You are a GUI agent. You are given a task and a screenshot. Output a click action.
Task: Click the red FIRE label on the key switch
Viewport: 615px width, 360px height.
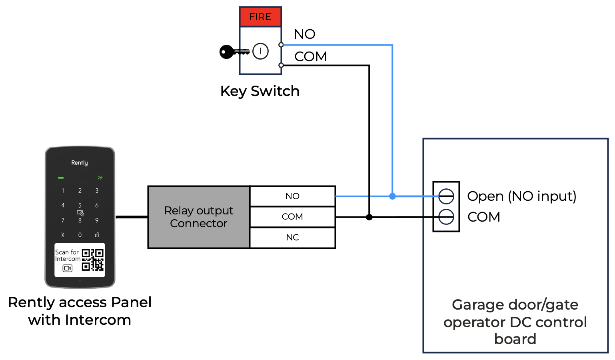click(x=260, y=17)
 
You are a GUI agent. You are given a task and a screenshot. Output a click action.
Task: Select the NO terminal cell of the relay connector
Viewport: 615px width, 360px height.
click(x=292, y=196)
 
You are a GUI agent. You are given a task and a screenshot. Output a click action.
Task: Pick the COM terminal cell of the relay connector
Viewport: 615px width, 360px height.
click(x=292, y=217)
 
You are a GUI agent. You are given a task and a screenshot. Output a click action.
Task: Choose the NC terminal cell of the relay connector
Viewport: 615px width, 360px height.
click(x=292, y=238)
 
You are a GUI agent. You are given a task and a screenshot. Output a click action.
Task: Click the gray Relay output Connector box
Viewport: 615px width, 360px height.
click(x=199, y=217)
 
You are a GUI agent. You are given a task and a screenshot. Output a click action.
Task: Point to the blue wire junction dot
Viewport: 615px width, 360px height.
click(x=393, y=196)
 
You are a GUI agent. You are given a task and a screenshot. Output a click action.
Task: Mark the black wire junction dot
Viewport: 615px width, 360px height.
click(x=369, y=217)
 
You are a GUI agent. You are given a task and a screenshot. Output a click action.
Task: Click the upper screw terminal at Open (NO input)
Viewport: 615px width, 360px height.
click(x=446, y=196)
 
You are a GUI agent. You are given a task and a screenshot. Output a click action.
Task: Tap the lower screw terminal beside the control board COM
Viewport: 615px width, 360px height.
click(x=446, y=217)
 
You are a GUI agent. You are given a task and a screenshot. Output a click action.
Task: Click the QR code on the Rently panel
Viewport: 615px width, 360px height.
click(x=93, y=260)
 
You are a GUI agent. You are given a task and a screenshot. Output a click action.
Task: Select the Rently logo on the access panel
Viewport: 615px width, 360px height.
click(x=80, y=163)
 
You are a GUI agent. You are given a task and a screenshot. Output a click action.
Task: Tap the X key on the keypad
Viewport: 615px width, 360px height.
click(x=63, y=235)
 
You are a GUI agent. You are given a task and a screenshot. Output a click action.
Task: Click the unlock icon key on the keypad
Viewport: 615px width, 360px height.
click(x=97, y=235)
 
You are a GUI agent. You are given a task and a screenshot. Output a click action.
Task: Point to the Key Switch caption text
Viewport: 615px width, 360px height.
click(x=260, y=91)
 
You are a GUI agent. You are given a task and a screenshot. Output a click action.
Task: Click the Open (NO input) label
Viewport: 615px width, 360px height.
click(x=521, y=196)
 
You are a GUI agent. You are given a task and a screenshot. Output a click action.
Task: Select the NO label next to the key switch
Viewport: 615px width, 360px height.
click(x=305, y=34)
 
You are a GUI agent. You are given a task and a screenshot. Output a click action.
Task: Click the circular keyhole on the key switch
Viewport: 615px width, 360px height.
click(x=261, y=51)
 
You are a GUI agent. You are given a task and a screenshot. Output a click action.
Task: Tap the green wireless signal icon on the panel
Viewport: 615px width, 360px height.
click(x=100, y=178)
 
